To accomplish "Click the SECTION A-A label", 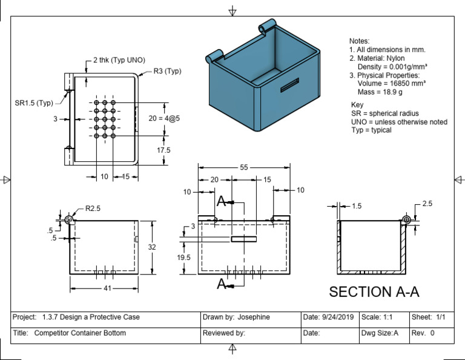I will click(x=374, y=292).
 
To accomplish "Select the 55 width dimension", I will click(x=243, y=167).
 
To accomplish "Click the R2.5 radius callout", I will click(x=93, y=208).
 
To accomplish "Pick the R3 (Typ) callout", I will click(x=167, y=71).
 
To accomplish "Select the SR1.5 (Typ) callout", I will click(x=34, y=103).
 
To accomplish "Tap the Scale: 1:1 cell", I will click(x=380, y=317).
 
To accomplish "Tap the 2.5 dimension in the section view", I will click(x=427, y=204).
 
